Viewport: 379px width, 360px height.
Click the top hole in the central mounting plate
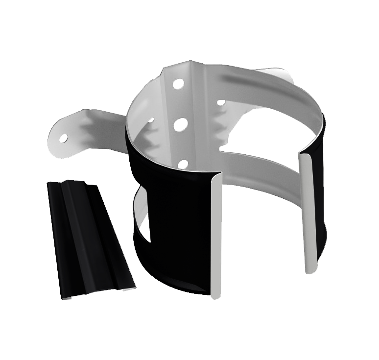pyautogui.click(x=178, y=83)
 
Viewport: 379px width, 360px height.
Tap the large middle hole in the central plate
pyautogui.click(x=181, y=124)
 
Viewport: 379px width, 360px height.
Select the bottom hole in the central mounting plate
pyautogui.click(x=183, y=164)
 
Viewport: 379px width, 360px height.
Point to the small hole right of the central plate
pyautogui.click(x=221, y=103)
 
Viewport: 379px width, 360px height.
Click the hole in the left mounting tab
pyautogui.click(x=64, y=139)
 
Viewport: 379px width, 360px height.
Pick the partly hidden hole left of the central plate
pyautogui.click(x=151, y=120)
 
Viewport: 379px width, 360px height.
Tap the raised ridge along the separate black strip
pyautogui.click(x=78, y=235)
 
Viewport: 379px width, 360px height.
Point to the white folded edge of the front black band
pyautogui.click(x=216, y=235)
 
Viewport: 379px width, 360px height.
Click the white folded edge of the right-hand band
pyautogui.click(x=308, y=211)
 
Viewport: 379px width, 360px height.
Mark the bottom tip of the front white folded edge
pyautogui.click(x=215, y=295)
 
